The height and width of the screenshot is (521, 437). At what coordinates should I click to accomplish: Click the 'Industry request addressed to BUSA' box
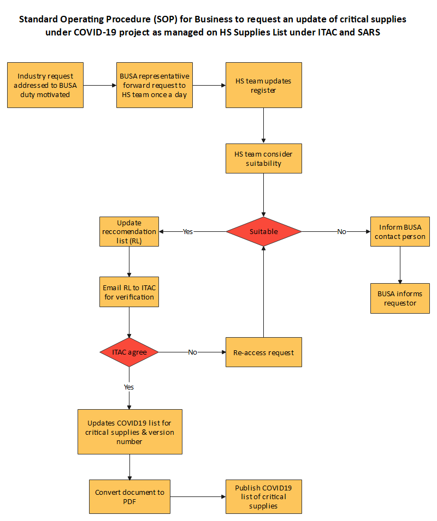pos(45,85)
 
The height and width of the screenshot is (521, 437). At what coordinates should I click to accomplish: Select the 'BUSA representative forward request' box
pos(155,85)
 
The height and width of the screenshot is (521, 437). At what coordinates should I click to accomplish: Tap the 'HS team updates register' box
pos(264,85)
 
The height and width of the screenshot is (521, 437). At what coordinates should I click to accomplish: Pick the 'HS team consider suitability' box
pos(264,158)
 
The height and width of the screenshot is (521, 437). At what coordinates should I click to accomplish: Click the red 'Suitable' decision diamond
pos(264,231)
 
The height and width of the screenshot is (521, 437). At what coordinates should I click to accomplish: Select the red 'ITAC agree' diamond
pos(129,352)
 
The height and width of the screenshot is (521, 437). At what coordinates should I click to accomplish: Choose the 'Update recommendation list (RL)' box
pos(129,232)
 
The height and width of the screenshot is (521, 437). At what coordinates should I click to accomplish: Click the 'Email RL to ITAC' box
pos(129,292)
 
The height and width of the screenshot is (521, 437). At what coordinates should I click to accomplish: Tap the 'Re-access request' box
pos(264,352)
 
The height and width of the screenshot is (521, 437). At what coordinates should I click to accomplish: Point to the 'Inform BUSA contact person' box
pos(400,232)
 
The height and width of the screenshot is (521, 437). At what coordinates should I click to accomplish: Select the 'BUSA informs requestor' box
pos(400,298)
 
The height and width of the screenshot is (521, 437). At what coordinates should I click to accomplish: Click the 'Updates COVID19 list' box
pos(130,432)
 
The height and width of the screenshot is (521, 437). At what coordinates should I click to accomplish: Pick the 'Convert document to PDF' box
pos(130,497)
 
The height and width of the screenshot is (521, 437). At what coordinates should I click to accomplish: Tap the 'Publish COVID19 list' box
pos(264,497)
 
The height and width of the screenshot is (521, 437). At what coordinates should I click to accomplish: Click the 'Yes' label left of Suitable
pos(188,232)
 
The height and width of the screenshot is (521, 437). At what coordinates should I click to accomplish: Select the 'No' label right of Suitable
pos(341,232)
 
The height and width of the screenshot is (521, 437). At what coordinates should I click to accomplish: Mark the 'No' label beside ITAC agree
pos(192,352)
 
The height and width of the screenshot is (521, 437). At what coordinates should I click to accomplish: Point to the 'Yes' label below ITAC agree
pos(129,387)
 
